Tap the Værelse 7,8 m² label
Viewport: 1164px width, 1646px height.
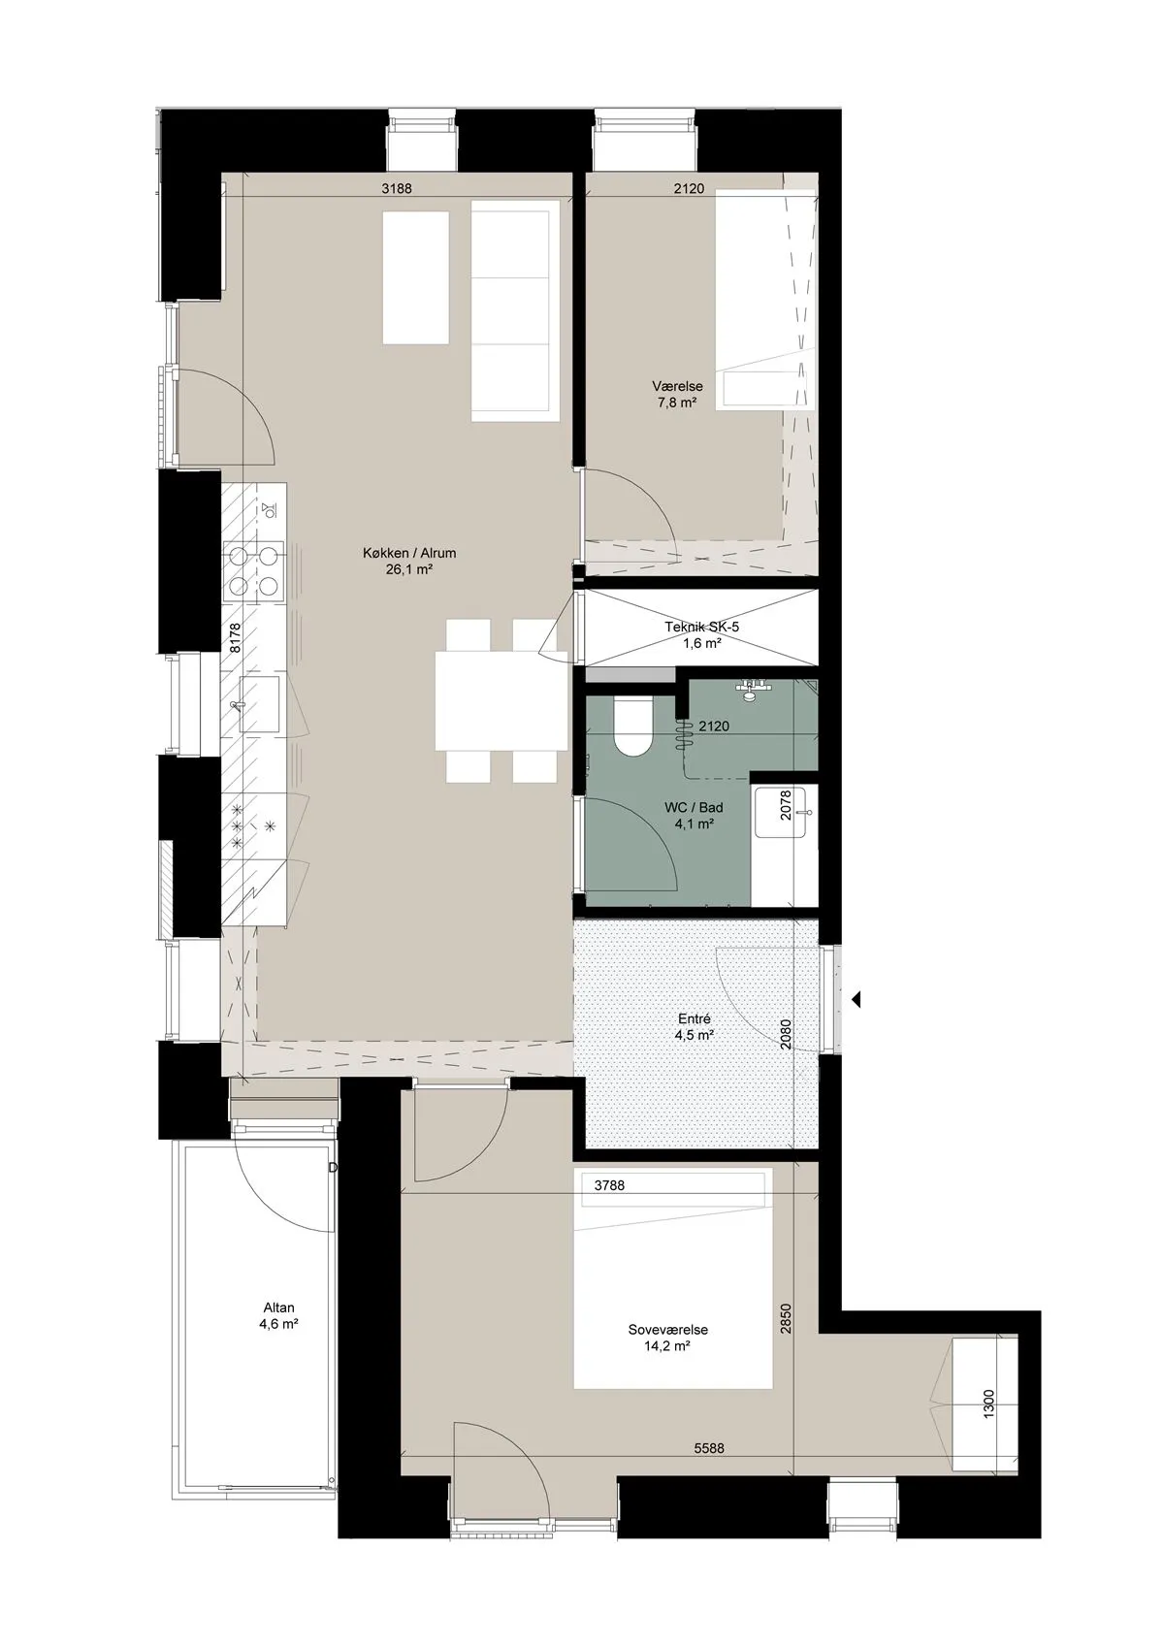tap(677, 394)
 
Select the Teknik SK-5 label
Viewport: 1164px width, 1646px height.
tap(701, 627)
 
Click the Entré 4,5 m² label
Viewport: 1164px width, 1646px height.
tap(695, 1027)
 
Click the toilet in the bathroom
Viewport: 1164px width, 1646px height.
tap(632, 726)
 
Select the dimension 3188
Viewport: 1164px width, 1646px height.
tap(397, 189)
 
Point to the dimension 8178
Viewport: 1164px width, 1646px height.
tap(235, 638)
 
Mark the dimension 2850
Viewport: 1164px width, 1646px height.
tap(786, 1320)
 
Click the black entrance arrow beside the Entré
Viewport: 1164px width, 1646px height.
tap(857, 999)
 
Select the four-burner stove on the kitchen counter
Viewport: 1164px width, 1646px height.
tap(254, 570)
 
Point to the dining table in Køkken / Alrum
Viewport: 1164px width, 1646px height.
tap(501, 700)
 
